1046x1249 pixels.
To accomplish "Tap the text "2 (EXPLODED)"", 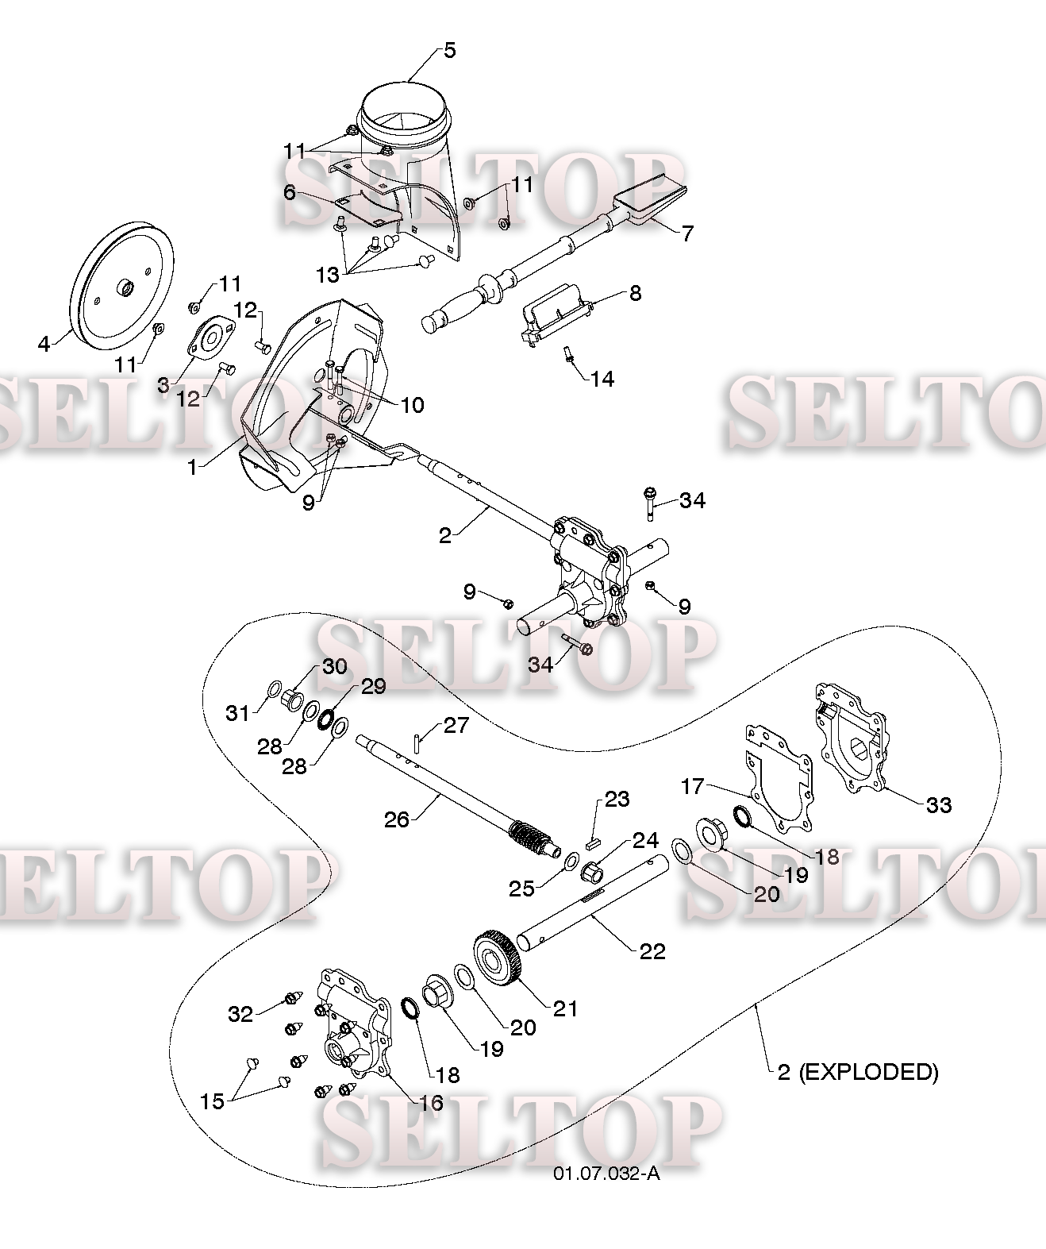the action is (858, 1071).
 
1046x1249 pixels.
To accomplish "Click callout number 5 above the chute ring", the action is (450, 50).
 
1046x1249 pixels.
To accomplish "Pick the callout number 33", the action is (938, 805).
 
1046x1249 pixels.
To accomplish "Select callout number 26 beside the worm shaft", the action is (397, 819).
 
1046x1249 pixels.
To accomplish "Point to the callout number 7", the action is (688, 233).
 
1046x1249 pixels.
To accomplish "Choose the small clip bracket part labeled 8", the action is (557, 314).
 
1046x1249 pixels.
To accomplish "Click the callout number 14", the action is (602, 379).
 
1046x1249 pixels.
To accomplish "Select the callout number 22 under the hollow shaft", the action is (652, 951).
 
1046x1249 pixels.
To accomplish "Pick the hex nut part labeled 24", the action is (591, 871).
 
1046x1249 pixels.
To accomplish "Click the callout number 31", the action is (237, 713).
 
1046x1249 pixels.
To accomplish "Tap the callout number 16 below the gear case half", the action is (431, 1103).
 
